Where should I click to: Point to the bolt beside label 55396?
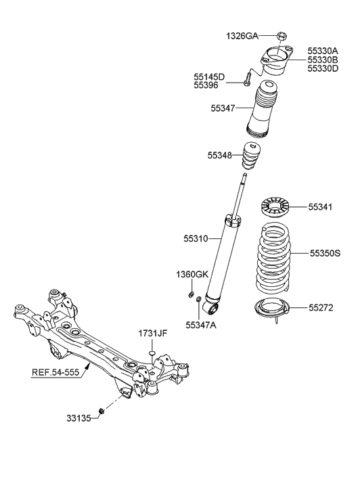point(247,85)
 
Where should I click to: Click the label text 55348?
point(220,156)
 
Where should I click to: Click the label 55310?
point(197,239)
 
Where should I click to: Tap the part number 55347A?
point(201,326)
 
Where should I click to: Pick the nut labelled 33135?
point(101,411)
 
